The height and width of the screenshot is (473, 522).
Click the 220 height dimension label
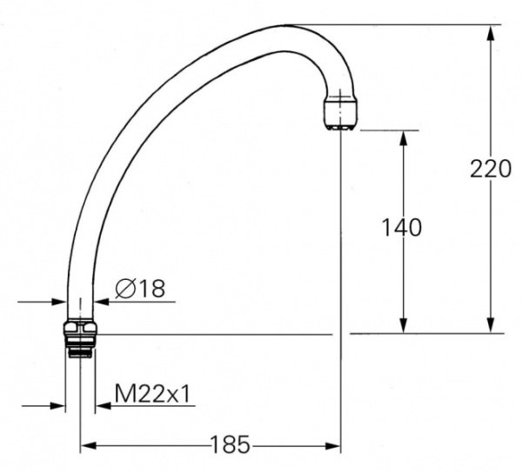click(491, 169)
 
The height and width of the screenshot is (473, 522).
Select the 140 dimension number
click(403, 228)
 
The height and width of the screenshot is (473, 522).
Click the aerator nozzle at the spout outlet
click(339, 113)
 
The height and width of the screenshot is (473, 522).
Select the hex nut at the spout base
click(80, 329)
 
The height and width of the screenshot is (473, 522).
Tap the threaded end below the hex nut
click(80, 347)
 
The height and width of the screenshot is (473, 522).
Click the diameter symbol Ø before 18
click(124, 288)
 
